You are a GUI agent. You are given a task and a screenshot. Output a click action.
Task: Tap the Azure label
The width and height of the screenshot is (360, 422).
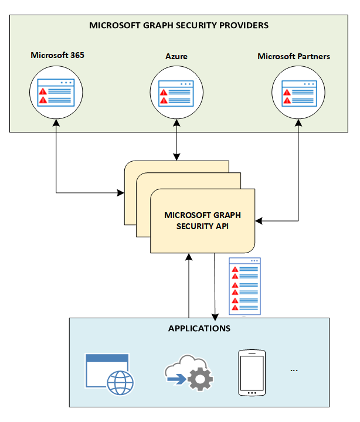coord(176,57)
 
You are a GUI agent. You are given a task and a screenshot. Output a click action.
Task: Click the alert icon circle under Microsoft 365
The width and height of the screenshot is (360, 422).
coord(56,92)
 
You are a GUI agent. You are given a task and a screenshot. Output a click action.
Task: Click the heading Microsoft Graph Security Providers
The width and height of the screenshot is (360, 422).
coord(179,25)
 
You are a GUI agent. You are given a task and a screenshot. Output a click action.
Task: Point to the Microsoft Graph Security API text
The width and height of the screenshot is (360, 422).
coord(202,220)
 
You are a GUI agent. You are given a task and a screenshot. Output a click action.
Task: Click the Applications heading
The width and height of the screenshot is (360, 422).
coord(199,328)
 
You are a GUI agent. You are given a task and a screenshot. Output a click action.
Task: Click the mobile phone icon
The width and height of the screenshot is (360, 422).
coord(252,373)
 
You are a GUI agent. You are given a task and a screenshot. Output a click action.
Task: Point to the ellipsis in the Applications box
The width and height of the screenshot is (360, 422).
coord(294,370)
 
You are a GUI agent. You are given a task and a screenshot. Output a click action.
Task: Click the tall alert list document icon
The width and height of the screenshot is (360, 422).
coord(244,286)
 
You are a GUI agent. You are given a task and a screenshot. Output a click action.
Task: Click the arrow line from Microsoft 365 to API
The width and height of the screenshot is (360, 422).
coord(56,164)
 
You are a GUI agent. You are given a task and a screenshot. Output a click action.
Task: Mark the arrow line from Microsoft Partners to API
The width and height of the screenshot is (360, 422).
coord(299,176)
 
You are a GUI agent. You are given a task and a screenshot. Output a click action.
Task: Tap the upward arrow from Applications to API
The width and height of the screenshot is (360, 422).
coord(189,287)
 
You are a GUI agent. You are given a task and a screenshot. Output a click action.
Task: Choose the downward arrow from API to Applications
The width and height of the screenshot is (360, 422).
coord(215,287)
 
